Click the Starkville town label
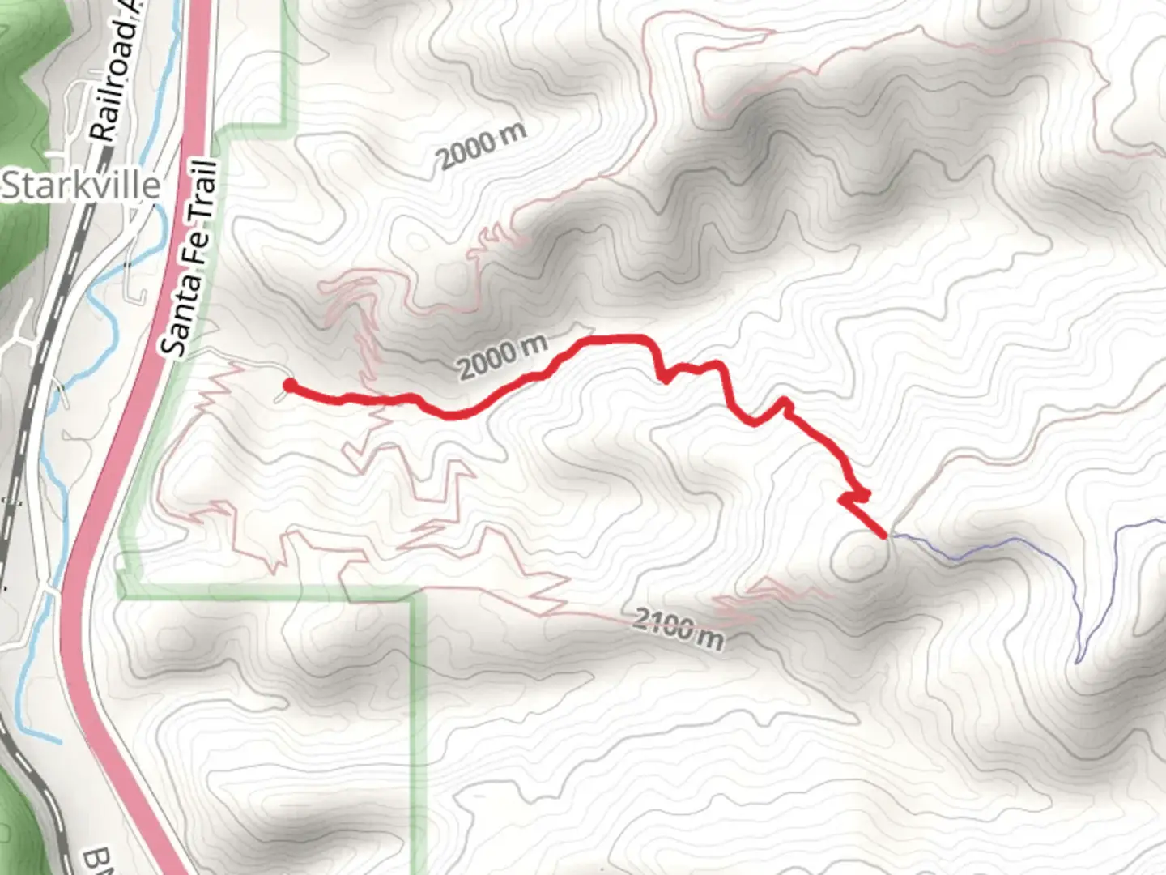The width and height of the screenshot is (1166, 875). point(81,186)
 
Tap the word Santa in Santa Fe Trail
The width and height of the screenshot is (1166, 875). point(176,319)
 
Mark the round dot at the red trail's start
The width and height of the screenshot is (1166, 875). point(288,386)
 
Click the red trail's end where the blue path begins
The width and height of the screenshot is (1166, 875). point(884,535)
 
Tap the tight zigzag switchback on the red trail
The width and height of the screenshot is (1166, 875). point(854,496)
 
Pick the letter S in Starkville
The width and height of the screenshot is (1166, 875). point(11,186)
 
